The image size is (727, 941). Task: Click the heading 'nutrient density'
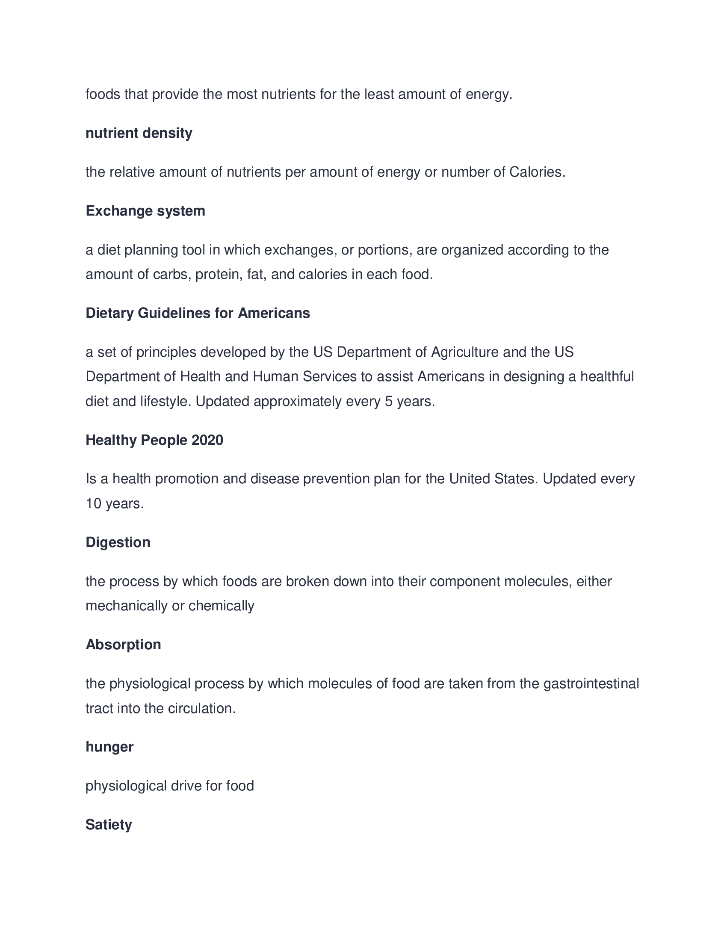click(139, 133)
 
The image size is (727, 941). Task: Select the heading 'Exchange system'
click(145, 211)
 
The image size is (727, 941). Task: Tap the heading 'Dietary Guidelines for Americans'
click(198, 313)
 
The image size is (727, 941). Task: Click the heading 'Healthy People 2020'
click(154, 440)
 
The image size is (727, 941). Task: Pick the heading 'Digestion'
click(118, 542)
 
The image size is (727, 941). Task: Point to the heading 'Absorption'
click(123, 645)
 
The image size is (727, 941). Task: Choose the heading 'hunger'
click(109, 747)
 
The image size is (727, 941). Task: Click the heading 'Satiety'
click(109, 825)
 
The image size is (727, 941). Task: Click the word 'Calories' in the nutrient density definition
click(537, 172)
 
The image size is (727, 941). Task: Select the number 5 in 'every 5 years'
click(388, 402)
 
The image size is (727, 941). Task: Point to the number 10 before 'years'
click(94, 504)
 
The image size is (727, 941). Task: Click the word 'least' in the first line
click(379, 95)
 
